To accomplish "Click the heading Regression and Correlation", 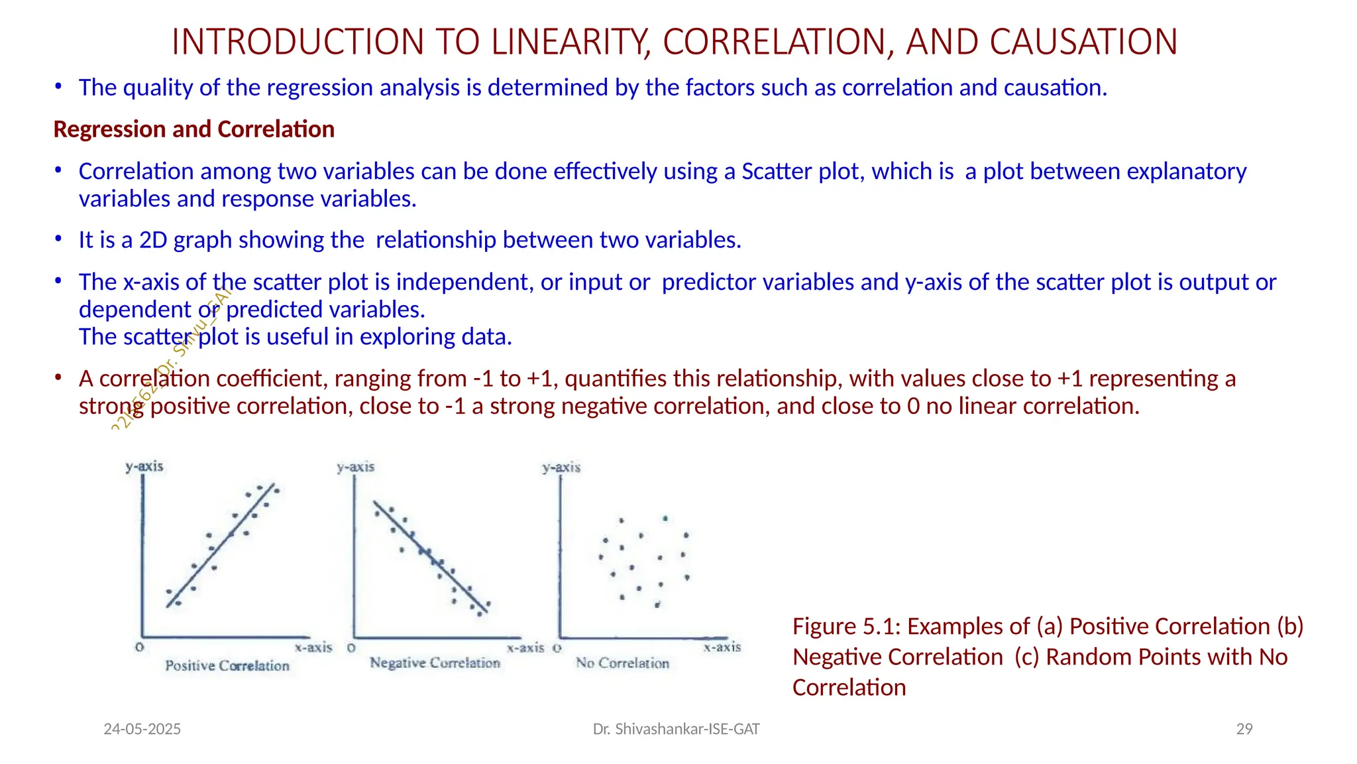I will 193,129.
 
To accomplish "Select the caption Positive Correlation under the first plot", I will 227,666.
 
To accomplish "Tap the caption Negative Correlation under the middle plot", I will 435,663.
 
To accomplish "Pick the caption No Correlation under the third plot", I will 622,663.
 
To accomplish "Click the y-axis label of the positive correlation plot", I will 144,466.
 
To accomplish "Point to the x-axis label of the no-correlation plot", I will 722,647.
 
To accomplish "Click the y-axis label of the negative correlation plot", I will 356,467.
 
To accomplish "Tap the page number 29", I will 1244,730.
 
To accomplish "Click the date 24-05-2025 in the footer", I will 142,730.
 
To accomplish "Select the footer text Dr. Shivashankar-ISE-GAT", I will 676,730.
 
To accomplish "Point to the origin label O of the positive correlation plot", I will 140,647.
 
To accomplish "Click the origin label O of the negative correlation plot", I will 351,647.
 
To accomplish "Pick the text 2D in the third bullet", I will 153,240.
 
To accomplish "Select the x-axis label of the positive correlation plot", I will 313,647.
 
